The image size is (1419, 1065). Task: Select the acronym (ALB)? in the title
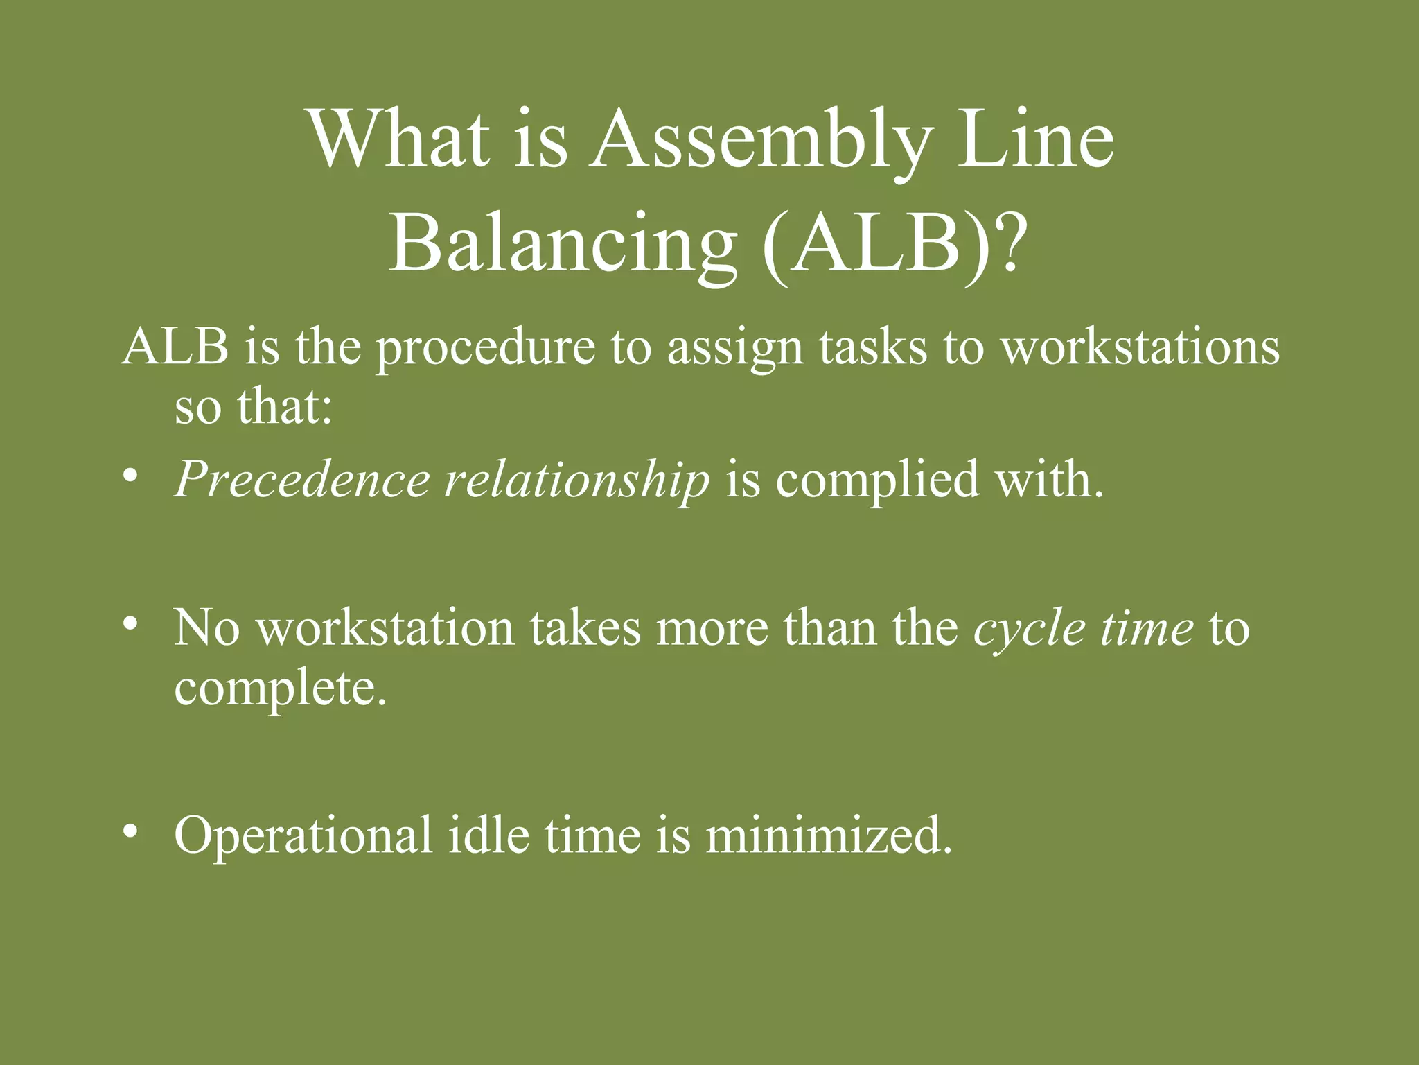pos(894,247)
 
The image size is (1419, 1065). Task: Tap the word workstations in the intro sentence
pos(1140,347)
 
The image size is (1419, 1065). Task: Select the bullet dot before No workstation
pos(129,625)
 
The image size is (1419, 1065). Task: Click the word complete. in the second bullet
pos(280,690)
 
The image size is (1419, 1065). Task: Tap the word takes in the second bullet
pos(585,628)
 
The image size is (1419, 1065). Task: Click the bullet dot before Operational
pos(129,831)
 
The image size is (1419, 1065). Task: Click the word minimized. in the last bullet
pos(829,835)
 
